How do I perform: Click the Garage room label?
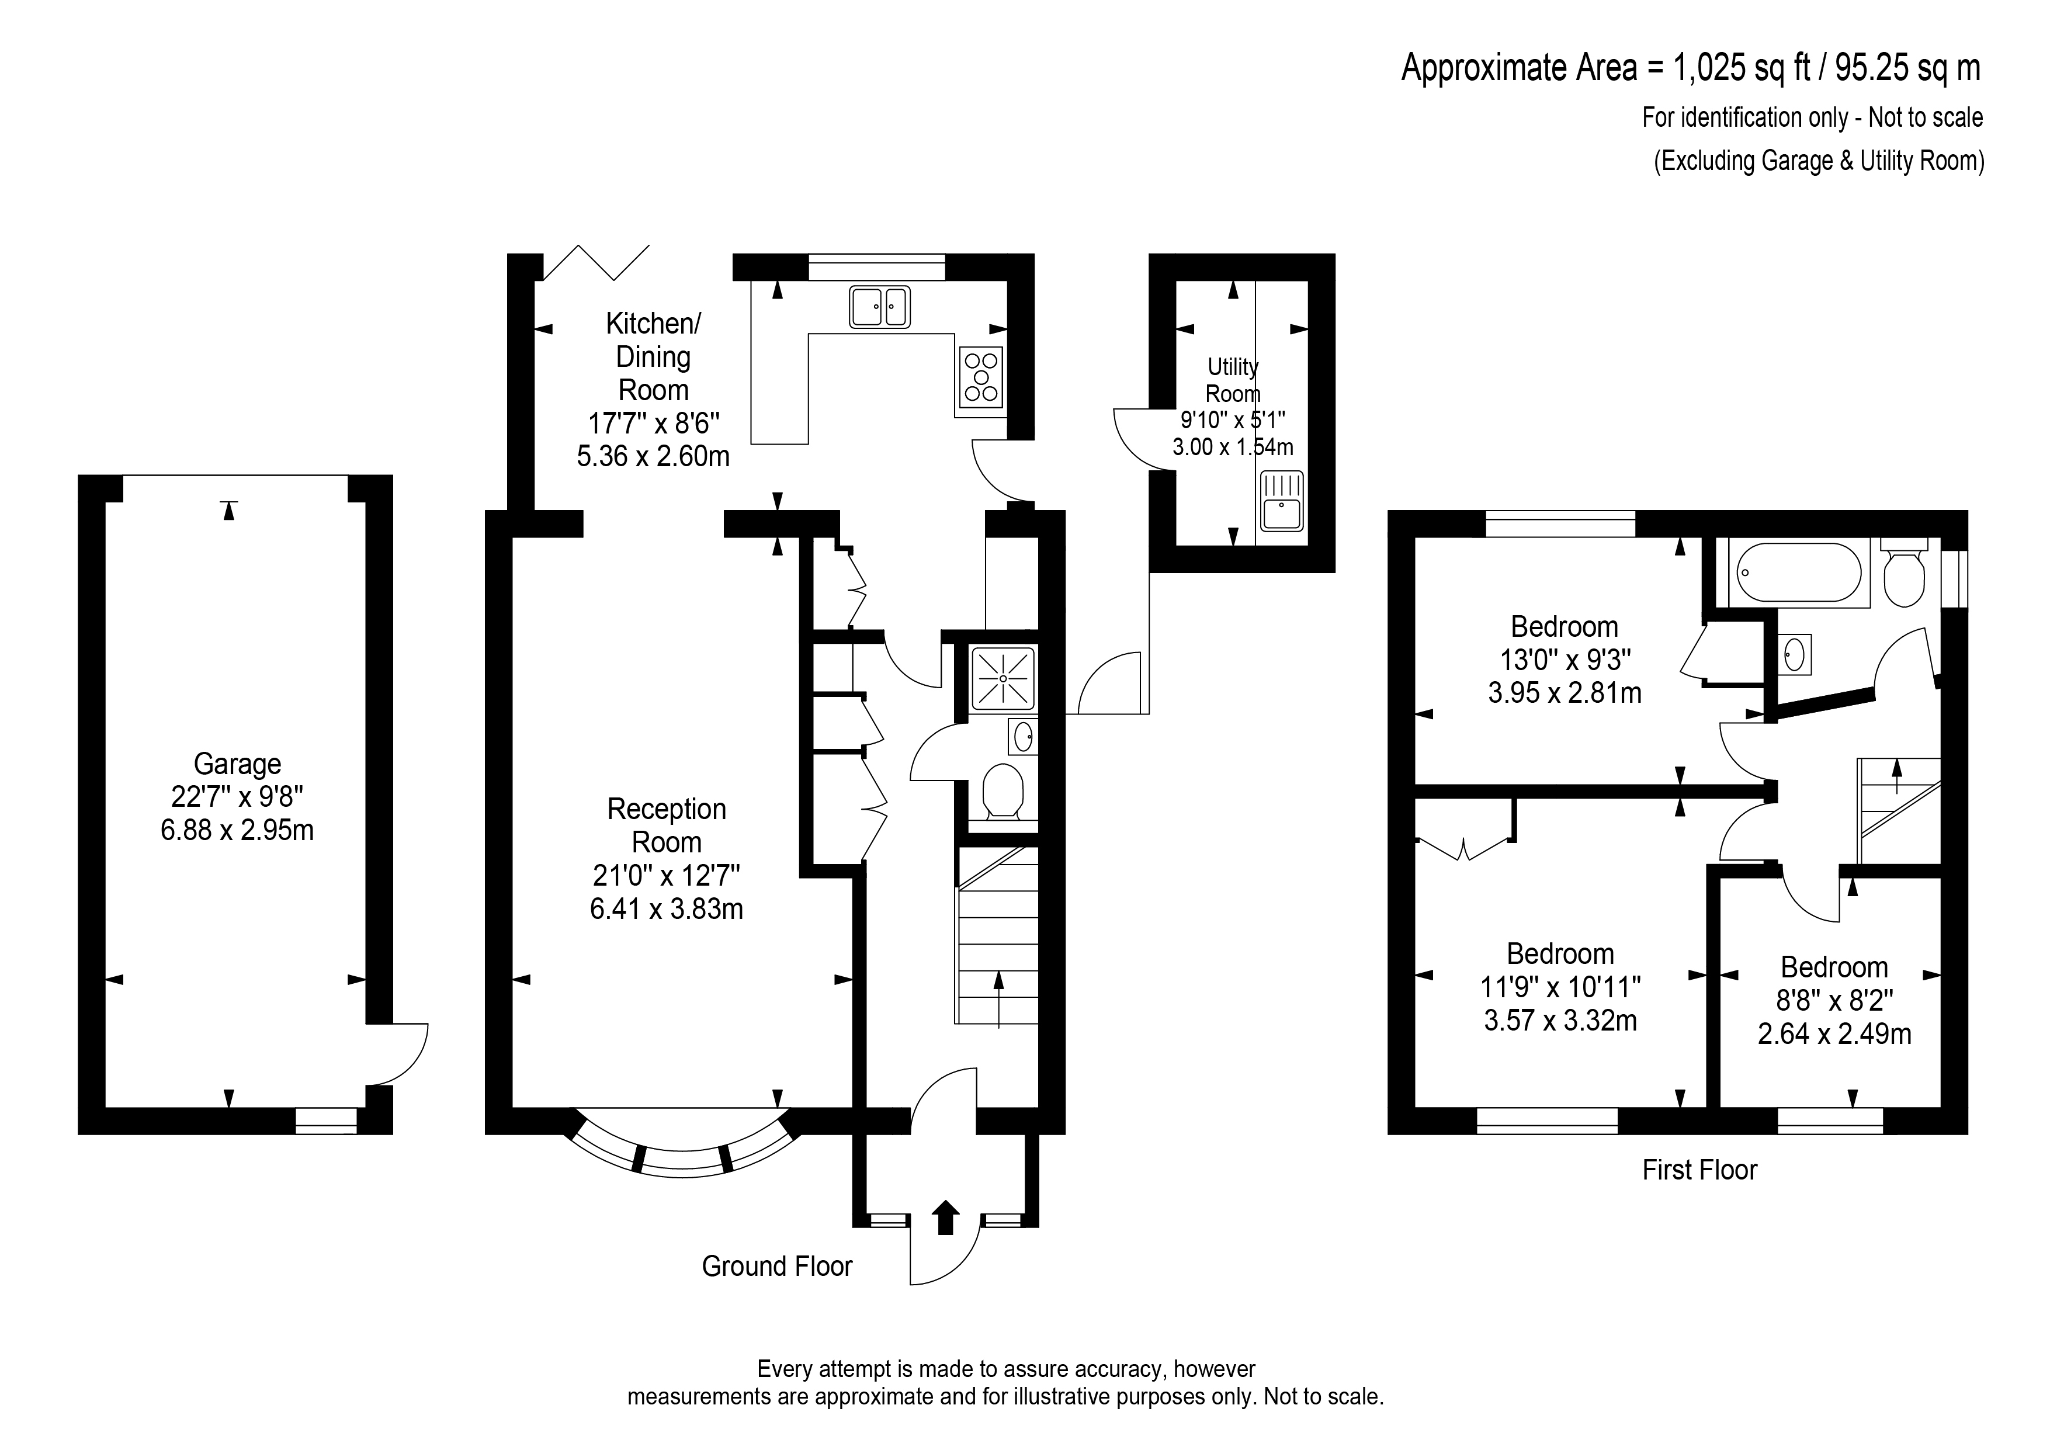(238, 764)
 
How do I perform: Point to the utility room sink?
(1281, 502)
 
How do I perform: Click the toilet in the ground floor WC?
(1003, 791)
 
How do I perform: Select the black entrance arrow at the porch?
(945, 1217)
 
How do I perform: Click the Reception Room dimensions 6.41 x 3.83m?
(666, 910)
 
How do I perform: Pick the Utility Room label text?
(1233, 380)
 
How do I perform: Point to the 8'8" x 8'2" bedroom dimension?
(1834, 1001)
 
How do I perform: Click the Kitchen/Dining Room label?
(654, 356)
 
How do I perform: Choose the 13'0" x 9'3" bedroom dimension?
(1565, 660)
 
